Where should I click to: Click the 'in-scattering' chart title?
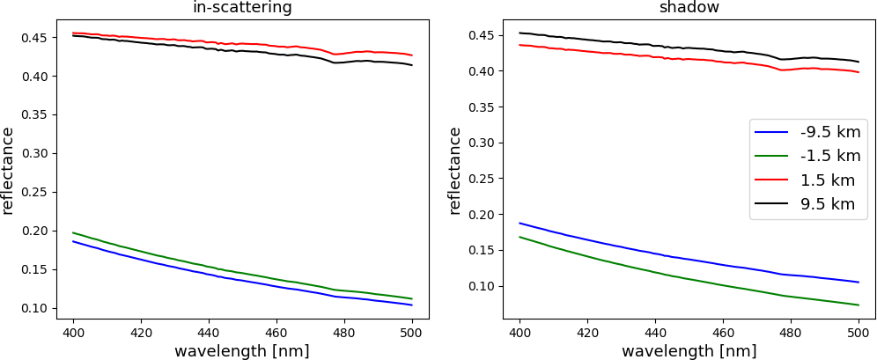(x=242, y=8)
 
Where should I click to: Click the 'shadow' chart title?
(x=689, y=8)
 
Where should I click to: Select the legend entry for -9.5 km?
(x=830, y=132)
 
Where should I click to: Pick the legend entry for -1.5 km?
(x=830, y=157)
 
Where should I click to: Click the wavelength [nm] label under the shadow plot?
(x=689, y=351)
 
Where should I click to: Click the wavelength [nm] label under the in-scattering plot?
(x=242, y=351)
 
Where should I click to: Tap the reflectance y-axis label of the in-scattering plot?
(x=8, y=170)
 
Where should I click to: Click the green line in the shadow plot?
(x=655, y=276)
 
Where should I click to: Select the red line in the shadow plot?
(x=655, y=56)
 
